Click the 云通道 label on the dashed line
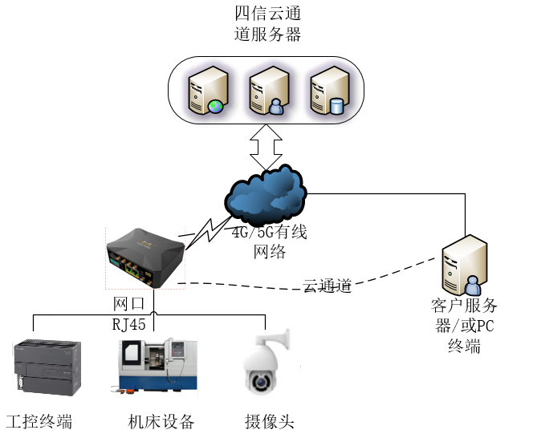click(x=328, y=285)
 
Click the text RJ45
click(x=130, y=324)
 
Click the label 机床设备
click(x=161, y=421)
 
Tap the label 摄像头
click(x=269, y=421)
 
